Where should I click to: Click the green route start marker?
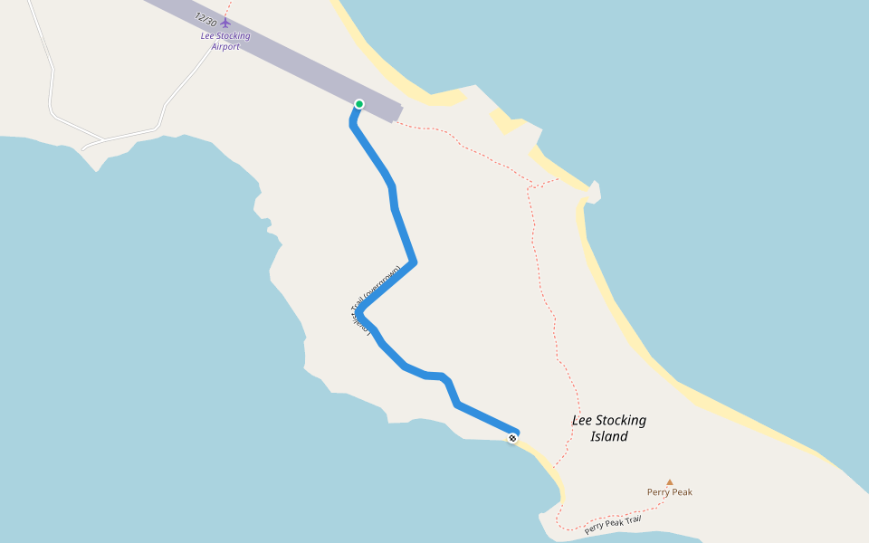[359, 104]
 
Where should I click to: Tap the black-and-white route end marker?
[512, 439]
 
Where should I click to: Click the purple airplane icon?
[225, 23]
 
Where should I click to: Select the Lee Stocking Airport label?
[225, 41]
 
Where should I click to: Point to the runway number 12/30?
[205, 18]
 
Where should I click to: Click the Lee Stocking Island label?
[609, 428]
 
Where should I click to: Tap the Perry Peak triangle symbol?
[670, 482]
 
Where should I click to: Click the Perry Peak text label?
[670, 492]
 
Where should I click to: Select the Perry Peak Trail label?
[613, 524]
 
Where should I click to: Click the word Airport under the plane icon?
[225, 46]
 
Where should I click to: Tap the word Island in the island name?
[609, 436]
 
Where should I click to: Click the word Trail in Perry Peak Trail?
[632, 519]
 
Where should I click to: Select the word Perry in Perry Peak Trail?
[594, 529]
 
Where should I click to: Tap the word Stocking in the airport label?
[234, 36]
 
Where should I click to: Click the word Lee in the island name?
[581, 420]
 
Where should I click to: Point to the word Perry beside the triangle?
[658, 492]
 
